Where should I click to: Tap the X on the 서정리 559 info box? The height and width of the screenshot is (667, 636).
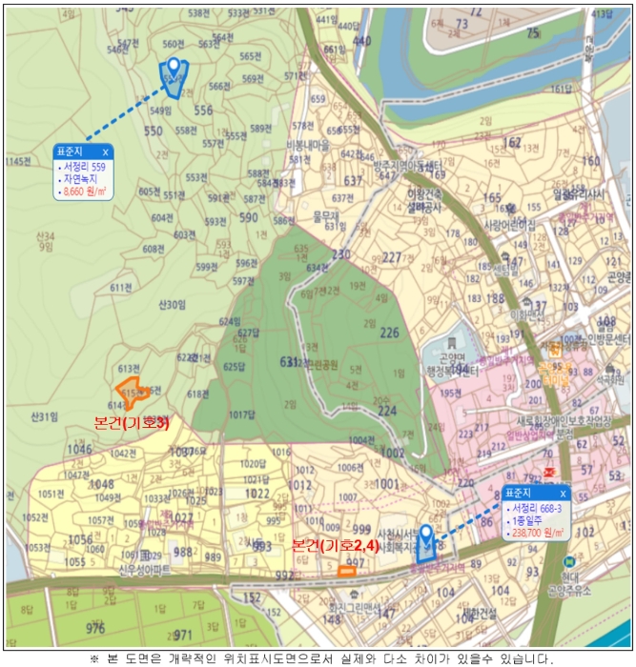(x=106, y=152)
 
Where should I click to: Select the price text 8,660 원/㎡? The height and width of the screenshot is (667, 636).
(x=84, y=192)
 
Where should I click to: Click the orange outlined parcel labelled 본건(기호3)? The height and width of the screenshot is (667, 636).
(x=129, y=391)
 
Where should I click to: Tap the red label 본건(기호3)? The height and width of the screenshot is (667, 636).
(x=132, y=423)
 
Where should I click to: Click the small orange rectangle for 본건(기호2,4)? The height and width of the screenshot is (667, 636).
(x=346, y=571)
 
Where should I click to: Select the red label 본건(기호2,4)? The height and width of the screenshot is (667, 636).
(x=336, y=546)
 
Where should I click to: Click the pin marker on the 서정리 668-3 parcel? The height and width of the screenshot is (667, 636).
(x=426, y=538)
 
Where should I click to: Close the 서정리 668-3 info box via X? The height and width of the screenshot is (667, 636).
(x=563, y=494)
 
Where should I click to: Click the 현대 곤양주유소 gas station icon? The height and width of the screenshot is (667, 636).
(x=568, y=562)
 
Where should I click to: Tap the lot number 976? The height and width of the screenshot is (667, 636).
(x=95, y=628)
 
